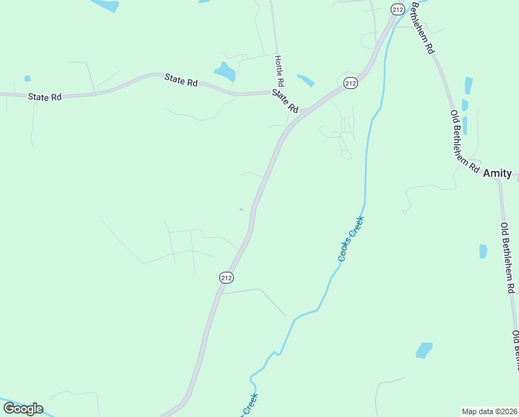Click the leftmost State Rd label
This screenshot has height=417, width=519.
tap(45, 97)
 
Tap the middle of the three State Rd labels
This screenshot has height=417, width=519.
tap(181, 80)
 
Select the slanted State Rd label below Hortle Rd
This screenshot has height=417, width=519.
tap(285, 101)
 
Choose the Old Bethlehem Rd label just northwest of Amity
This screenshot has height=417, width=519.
tap(464, 141)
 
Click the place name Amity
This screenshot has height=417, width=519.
tap(497, 173)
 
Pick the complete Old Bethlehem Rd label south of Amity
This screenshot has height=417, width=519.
tap(508, 257)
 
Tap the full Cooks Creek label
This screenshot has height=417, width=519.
tap(351, 239)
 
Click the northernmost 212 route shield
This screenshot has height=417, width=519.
tap(397, 9)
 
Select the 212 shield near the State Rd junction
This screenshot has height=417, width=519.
tap(350, 83)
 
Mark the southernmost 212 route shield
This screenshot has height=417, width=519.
tap(226, 277)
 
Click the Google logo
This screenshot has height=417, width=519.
tap(22, 409)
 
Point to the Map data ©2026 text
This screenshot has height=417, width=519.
tap(489, 411)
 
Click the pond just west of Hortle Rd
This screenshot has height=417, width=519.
tap(225, 71)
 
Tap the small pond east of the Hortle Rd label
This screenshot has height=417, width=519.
tap(305, 80)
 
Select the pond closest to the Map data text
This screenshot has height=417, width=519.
tap(423, 350)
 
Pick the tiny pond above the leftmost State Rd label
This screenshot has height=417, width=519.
tap(28, 79)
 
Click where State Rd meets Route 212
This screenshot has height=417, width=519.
tap(303, 111)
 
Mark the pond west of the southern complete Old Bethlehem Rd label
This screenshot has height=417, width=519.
tap(483, 251)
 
